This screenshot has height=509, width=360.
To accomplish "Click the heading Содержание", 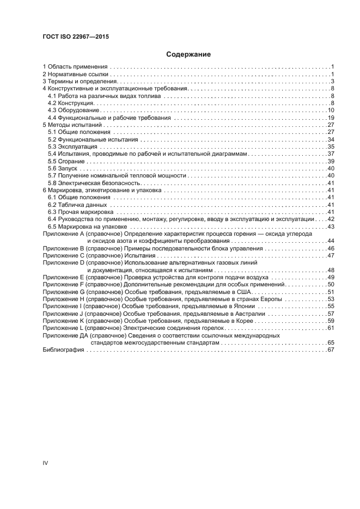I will [x=188, y=54].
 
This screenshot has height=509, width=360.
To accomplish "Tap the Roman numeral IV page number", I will [x=46, y=462].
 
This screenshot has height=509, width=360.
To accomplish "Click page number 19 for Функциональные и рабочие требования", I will [x=330, y=118].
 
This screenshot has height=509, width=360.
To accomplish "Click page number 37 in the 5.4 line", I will [x=330, y=154].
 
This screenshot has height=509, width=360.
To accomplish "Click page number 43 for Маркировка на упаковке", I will [x=330, y=227].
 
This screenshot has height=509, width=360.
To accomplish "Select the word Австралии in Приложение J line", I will [x=249, y=314].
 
